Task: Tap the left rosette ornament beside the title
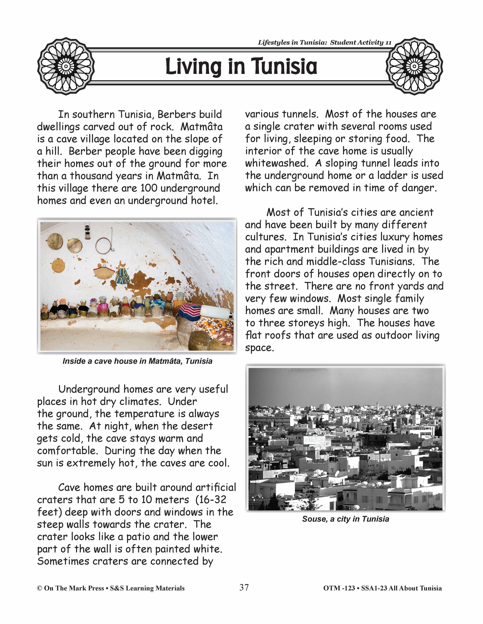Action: point(66,66)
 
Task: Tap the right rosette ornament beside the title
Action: point(414,66)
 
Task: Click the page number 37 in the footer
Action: point(244,588)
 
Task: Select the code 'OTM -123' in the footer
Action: point(338,588)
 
